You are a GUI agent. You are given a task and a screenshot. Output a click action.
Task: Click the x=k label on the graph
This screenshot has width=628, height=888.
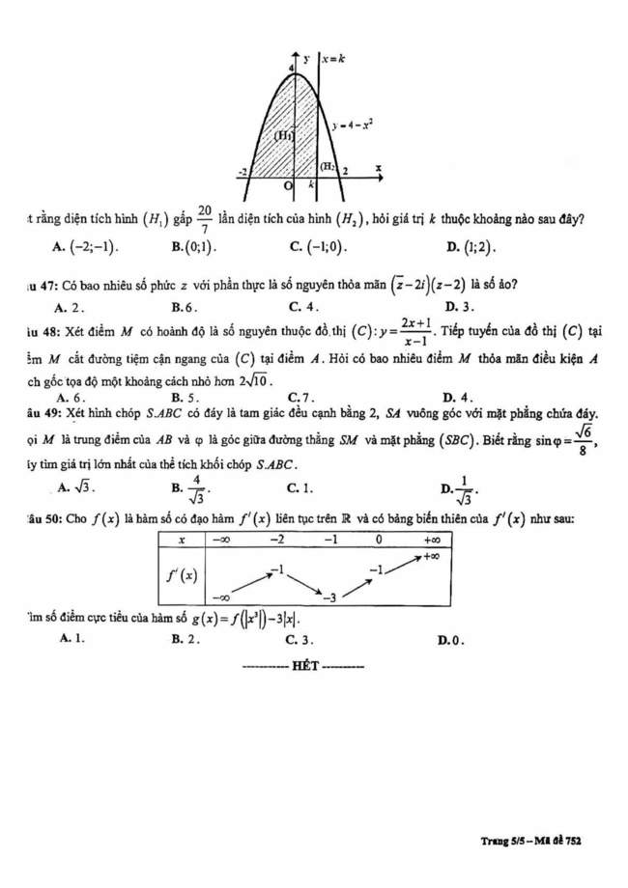pyautogui.click(x=335, y=59)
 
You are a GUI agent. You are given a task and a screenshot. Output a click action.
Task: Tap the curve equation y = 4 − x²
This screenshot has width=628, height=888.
pyautogui.click(x=355, y=125)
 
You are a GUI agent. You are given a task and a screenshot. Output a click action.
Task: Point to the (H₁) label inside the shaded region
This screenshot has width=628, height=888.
pyautogui.click(x=284, y=136)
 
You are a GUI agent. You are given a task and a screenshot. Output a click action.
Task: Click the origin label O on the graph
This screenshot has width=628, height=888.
pyautogui.click(x=287, y=184)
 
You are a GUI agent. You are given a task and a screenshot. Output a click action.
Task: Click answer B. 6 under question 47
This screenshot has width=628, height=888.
pyautogui.click(x=184, y=307)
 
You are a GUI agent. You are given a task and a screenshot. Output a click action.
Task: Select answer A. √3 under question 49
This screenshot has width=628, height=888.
pyautogui.click(x=76, y=487)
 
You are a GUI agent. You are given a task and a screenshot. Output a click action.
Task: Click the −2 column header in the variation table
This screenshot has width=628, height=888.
pyautogui.click(x=276, y=540)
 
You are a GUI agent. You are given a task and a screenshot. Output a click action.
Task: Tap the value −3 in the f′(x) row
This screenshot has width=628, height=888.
pyautogui.click(x=329, y=598)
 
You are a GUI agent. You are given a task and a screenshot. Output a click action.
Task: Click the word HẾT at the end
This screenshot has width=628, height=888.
pyautogui.click(x=303, y=666)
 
